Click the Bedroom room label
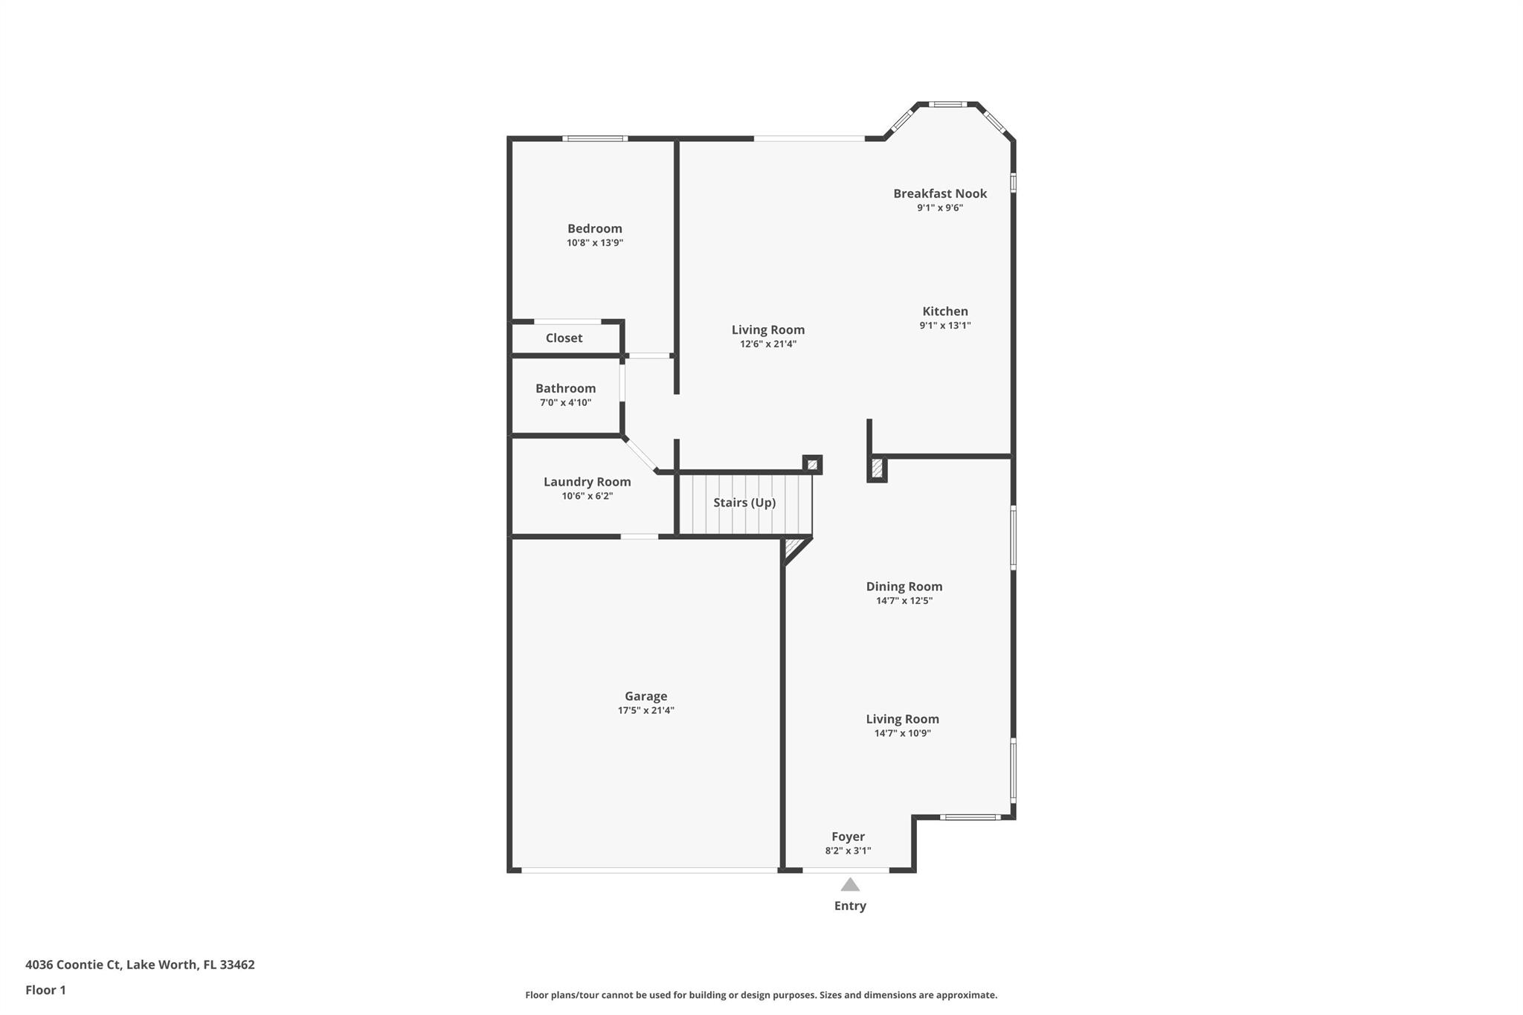(594, 228)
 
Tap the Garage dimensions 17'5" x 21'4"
(645, 710)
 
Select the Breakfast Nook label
(940, 193)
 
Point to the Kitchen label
(945, 311)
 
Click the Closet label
(564, 338)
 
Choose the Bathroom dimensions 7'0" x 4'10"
(565, 402)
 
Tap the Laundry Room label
(587, 482)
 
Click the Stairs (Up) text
(744, 503)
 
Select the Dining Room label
(904, 586)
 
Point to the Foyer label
(848, 837)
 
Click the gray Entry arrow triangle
(850, 885)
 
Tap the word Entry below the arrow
(850, 906)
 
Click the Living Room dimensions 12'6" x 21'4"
(768, 344)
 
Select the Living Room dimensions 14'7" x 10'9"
(902, 733)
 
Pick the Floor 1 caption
(45, 990)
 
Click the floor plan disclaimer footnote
(761, 995)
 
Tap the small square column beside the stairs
(812, 465)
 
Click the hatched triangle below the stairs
(794, 547)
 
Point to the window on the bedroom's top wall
(594, 138)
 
